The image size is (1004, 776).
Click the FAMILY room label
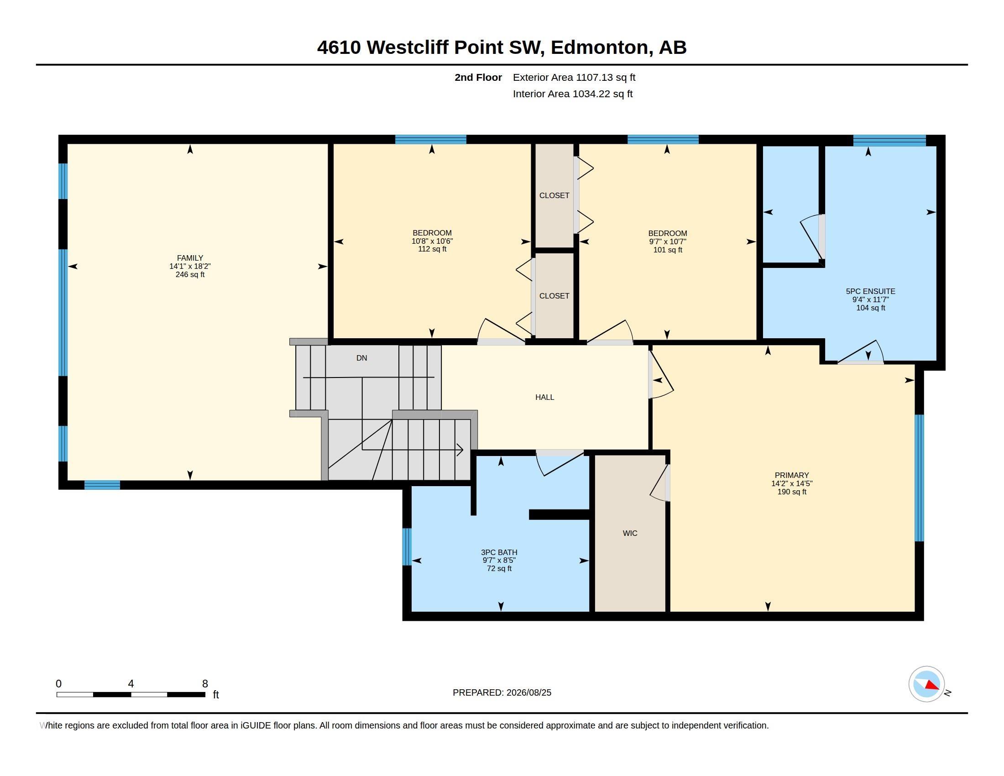[x=190, y=258]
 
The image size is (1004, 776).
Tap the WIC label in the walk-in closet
[x=630, y=533]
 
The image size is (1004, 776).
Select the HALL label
[x=545, y=397]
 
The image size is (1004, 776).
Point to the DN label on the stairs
[x=362, y=358]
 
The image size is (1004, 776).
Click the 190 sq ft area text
[x=792, y=492]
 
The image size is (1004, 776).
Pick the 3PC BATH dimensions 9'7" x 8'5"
[x=499, y=561]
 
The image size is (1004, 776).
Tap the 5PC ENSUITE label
[x=871, y=292]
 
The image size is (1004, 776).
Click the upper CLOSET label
[x=554, y=196]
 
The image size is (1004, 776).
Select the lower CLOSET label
[x=554, y=296]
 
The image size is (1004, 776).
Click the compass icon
[x=926, y=684]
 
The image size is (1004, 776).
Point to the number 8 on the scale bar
[x=205, y=684]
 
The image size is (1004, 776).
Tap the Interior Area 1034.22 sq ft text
[x=573, y=94]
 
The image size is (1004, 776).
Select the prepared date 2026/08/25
[x=528, y=692]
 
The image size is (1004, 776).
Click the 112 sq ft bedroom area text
[x=432, y=249]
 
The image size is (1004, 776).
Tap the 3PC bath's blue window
[x=407, y=546]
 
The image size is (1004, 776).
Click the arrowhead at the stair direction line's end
[x=460, y=450]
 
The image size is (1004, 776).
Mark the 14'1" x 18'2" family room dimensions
[x=190, y=266]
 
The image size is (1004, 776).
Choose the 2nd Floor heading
[x=478, y=78]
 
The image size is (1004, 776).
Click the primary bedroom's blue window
[x=919, y=478]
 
